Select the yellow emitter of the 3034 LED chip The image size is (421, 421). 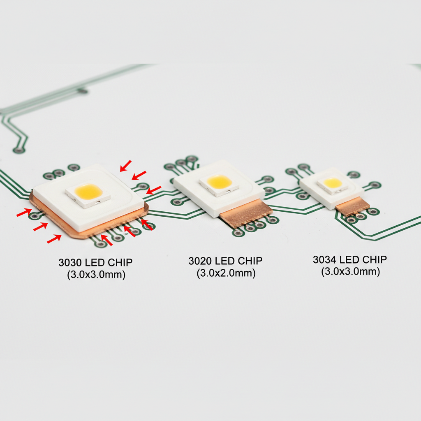point(333,183)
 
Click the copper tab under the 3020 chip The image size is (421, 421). point(246,213)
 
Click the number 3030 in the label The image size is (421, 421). point(71,262)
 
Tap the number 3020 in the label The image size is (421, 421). point(201,261)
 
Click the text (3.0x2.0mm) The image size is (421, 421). point(226,273)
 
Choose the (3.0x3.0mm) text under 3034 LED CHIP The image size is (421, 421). point(350,271)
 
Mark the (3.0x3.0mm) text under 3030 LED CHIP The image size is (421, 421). point(96,275)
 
